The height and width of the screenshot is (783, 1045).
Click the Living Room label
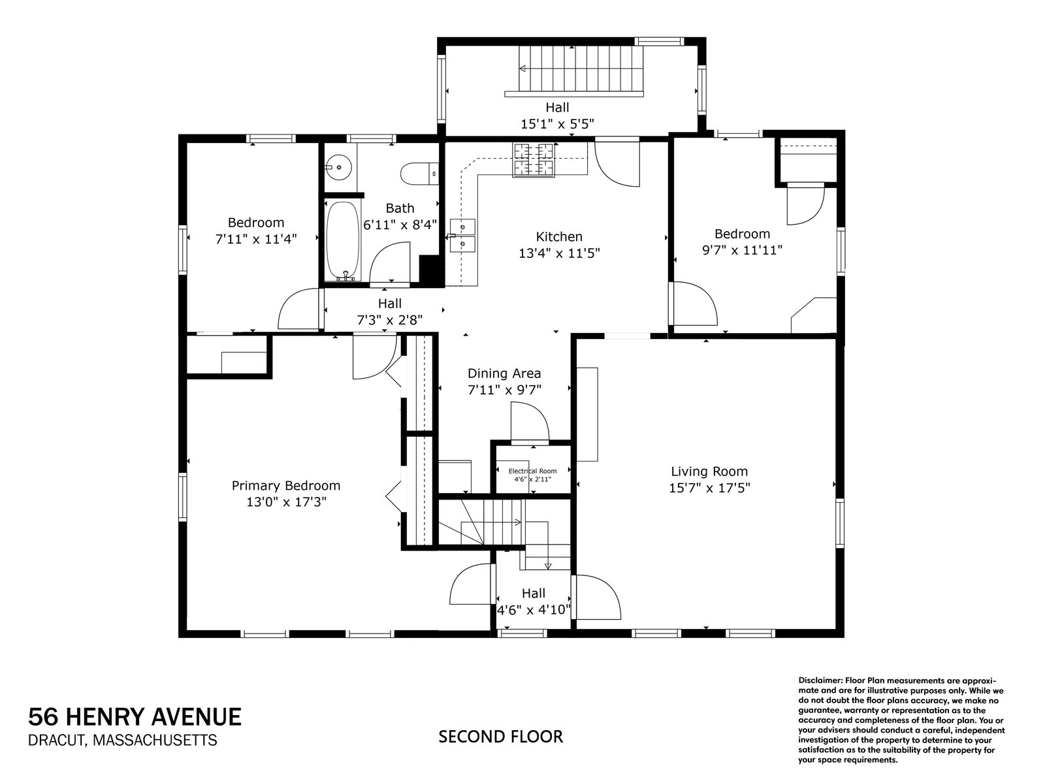coord(709,471)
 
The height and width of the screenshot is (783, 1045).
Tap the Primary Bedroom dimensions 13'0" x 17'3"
coord(285,502)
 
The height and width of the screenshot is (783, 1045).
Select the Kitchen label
coord(559,236)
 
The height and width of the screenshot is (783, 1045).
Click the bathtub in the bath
coord(342,240)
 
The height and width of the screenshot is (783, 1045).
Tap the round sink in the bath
coord(338,167)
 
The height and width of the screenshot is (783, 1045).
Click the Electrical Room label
coord(532,471)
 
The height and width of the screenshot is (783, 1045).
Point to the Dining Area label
coord(504,374)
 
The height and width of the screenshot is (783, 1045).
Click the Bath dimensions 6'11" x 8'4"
coord(400,225)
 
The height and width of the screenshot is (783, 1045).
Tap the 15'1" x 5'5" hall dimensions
coord(557,123)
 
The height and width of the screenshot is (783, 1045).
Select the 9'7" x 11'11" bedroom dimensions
coord(742,249)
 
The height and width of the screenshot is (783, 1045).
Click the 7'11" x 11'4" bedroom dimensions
coord(256,239)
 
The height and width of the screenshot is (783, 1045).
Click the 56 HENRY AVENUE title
coord(135,717)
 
